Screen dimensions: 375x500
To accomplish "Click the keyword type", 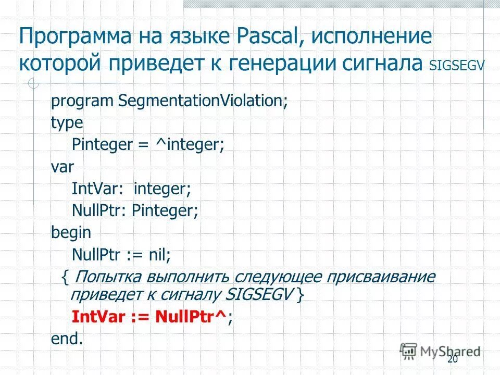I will [67, 123].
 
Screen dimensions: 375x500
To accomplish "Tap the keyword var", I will [63, 167].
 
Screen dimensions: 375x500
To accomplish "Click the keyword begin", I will [71, 233].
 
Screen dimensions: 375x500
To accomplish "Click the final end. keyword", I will [67, 339].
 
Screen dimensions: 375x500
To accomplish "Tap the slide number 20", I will [452, 360].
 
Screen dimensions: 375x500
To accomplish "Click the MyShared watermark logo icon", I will [409, 351].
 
